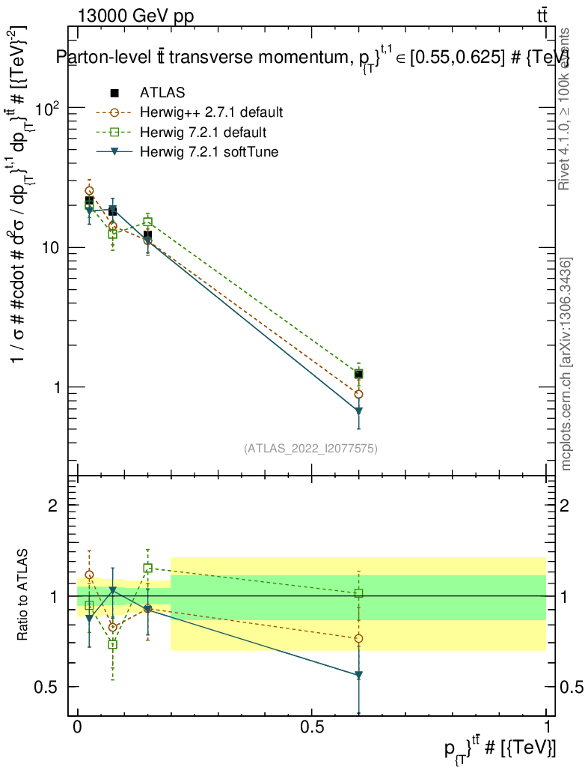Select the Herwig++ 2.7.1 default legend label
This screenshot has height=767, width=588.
[x=211, y=113]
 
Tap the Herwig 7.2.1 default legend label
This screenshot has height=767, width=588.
[x=203, y=133]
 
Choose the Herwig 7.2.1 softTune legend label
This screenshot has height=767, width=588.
[x=208, y=152]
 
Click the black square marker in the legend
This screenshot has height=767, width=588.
[x=114, y=93]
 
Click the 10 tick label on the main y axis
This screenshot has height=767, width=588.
[x=50, y=248]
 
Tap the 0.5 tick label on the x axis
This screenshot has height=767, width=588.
[x=312, y=729]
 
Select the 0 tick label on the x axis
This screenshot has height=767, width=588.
[x=78, y=729]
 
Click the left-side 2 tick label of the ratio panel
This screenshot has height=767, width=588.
[x=53, y=506]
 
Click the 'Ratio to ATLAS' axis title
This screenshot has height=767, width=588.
[x=24, y=595]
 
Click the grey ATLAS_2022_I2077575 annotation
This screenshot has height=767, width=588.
[x=310, y=449]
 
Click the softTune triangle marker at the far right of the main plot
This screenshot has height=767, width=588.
[x=358, y=411]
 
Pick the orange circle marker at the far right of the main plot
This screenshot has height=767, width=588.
[x=358, y=394]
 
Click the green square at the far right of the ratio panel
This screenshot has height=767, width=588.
[x=358, y=593]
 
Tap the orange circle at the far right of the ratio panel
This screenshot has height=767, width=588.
[x=358, y=638]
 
